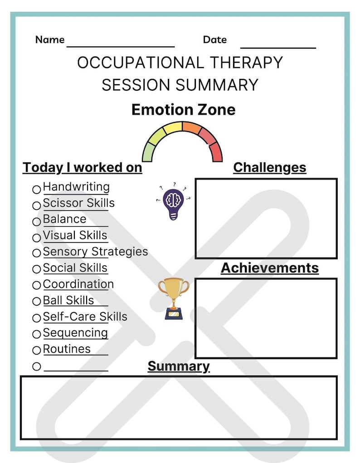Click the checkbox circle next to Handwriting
coord(37,189)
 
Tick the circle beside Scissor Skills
coord(37,205)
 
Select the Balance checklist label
coord(64,219)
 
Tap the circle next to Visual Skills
coord(37,238)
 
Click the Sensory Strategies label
coord(95,252)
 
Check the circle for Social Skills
coord(37,270)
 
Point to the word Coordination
coord(78,284)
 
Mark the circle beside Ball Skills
coord(37,302)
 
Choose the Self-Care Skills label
coord(85,317)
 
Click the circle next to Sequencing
coord(37,335)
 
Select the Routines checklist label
coord(67,349)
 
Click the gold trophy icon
coord(174,297)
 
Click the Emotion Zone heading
coord(183,110)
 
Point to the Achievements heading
coord(270,268)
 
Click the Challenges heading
coord(269,167)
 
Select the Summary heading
coord(179,366)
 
